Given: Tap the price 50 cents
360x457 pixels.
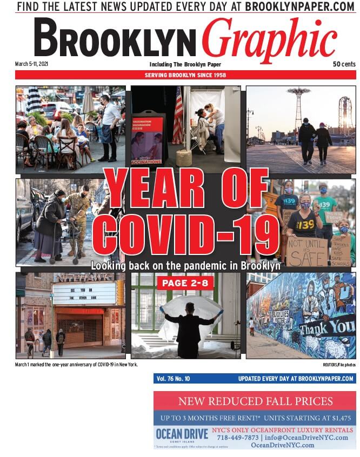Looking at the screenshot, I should pos(344,64).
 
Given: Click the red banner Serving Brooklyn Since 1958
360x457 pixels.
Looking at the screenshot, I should pos(185,75).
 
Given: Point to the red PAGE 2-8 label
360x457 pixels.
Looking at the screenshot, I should pos(185,283).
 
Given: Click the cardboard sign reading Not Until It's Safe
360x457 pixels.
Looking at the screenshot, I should pos(307,252).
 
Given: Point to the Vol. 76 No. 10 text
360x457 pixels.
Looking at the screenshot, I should pos(173,379).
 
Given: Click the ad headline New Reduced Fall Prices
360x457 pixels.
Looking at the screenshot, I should pos(255,401).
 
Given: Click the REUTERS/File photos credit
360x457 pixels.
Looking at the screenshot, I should pos(339,365).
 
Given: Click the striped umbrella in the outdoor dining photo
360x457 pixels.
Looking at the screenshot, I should pos(34,100).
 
